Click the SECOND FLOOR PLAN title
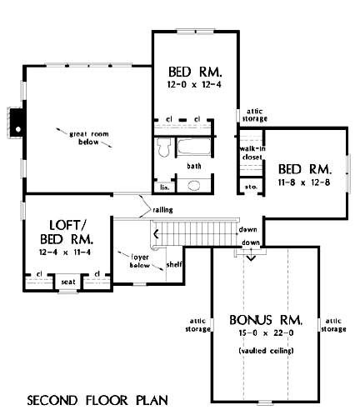click(x=97, y=400)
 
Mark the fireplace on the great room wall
click(x=13, y=122)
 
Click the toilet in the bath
click(x=164, y=150)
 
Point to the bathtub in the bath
click(x=192, y=147)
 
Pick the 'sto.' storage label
click(x=247, y=188)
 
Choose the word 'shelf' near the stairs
click(x=174, y=264)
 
